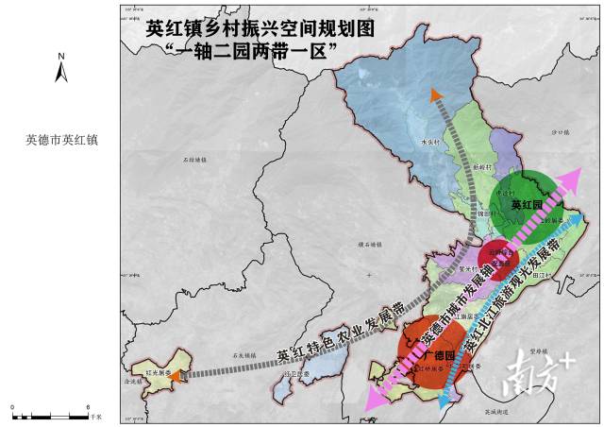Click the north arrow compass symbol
[x=59, y=69]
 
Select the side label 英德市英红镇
[x=61, y=140]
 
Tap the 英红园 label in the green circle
[x=526, y=204]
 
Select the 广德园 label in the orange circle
[x=439, y=354]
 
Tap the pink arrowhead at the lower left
[x=369, y=403]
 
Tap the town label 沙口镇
[x=563, y=133]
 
